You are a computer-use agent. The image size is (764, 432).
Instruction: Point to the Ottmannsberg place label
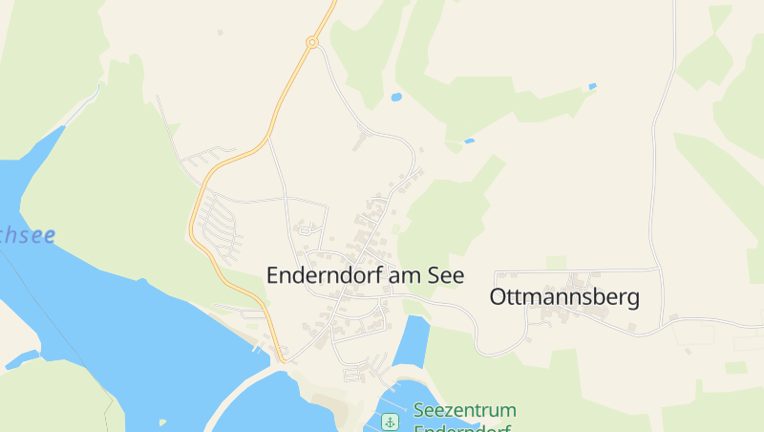(x=563, y=297)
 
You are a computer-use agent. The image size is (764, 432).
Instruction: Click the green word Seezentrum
(x=464, y=410)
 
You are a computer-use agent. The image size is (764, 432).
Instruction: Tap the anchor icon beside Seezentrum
(x=390, y=421)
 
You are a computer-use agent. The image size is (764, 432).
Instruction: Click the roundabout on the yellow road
(x=311, y=42)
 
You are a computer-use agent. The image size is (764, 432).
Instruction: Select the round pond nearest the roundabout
(x=396, y=97)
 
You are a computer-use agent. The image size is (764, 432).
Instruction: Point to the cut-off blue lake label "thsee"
(x=27, y=235)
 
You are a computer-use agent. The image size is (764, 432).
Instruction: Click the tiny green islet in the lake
(x=162, y=421)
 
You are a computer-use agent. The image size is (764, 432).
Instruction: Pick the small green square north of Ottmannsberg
(x=556, y=262)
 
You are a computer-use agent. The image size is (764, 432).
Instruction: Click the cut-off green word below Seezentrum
(x=464, y=427)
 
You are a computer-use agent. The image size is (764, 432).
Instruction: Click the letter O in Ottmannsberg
(x=499, y=297)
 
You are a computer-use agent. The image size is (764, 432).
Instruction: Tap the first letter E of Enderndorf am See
(x=274, y=275)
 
